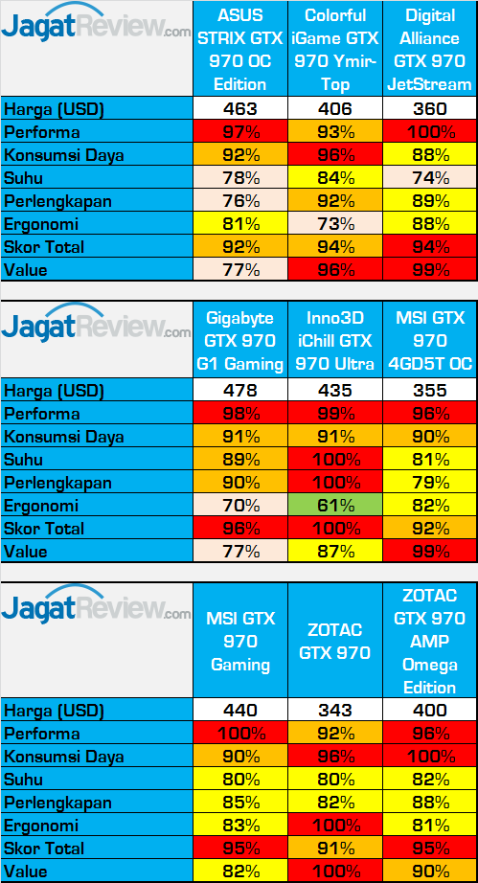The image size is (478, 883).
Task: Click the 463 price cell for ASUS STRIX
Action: tap(240, 109)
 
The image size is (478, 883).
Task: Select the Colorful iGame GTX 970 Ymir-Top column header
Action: tap(335, 50)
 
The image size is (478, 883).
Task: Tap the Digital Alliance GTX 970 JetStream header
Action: tap(429, 50)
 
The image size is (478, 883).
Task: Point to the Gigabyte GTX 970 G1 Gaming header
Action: tap(240, 340)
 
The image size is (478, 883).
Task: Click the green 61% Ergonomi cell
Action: tap(335, 506)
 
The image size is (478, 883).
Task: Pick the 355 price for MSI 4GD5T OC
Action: tap(429, 391)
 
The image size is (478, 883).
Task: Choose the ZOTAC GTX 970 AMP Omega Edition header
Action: tap(429, 642)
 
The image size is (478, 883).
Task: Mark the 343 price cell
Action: tap(335, 711)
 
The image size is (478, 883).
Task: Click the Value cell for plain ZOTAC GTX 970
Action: tap(335, 872)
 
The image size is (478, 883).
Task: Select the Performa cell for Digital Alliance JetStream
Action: tap(429, 132)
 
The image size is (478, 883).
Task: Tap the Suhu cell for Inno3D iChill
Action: tap(335, 460)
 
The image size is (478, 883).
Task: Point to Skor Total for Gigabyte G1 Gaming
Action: tap(240, 529)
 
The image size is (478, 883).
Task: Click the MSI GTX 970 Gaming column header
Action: tap(240, 642)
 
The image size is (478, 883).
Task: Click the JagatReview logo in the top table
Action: tap(96, 28)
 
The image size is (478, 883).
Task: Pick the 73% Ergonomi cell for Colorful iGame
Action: tap(335, 224)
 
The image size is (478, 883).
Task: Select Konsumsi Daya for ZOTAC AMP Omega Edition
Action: tap(429, 757)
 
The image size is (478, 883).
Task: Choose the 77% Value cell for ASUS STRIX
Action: tap(240, 270)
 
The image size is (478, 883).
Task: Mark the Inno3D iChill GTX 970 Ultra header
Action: tap(335, 340)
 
